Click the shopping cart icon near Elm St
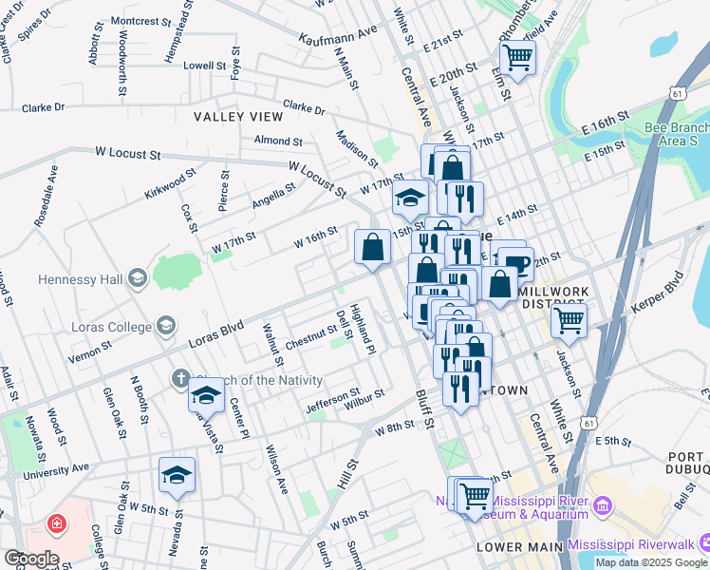[517, 57]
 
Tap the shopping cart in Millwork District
[569, 320]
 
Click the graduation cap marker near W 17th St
[410, 199]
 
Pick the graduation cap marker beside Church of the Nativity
[206, 395]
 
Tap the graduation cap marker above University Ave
[177, 475]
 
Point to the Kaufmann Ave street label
[338, 35]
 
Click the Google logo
[30, 558]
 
